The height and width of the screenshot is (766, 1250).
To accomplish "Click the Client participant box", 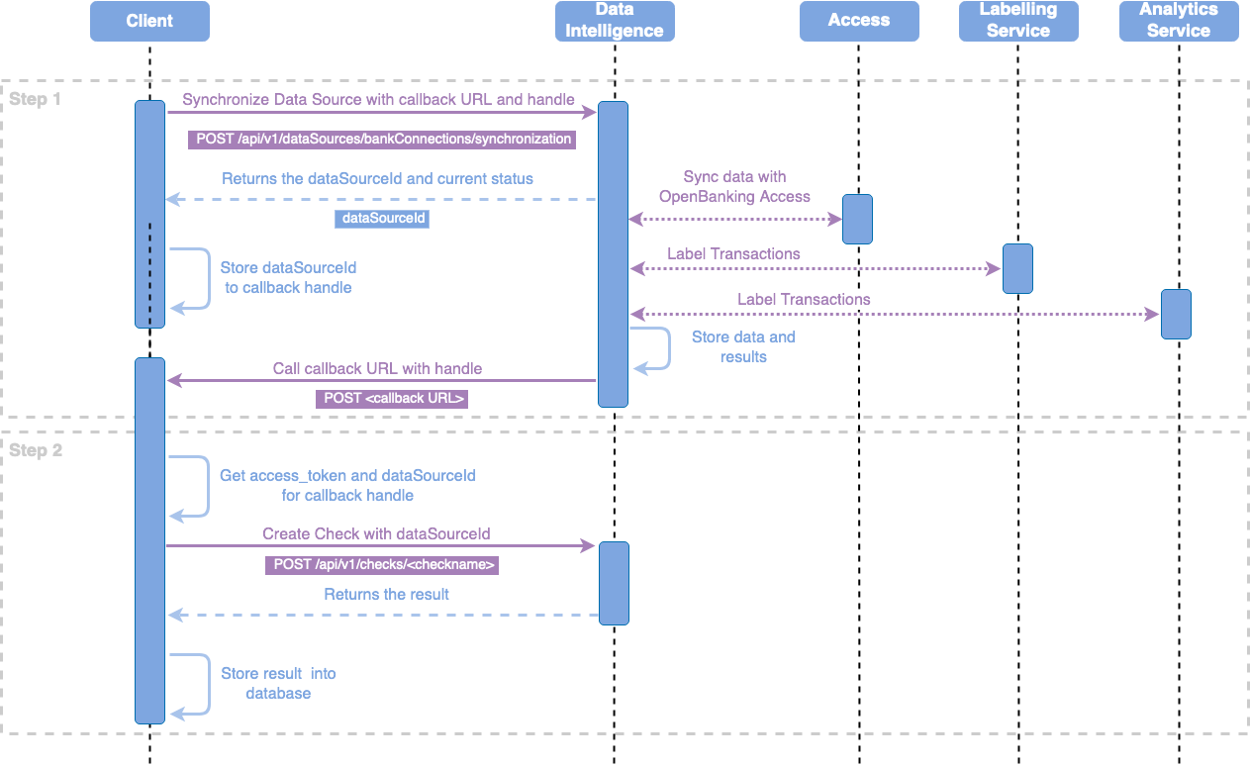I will click(149, 21).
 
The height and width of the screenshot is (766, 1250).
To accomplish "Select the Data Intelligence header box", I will click(615, 21).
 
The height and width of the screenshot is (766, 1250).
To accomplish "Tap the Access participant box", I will click(859, 21).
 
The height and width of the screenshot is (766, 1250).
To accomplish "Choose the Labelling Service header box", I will click(1017, 21).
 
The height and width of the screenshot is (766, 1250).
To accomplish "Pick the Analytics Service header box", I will click(1178, 21).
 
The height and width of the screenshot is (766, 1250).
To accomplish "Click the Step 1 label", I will click(36, 100).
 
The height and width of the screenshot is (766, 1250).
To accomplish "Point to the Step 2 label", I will click(36, 451).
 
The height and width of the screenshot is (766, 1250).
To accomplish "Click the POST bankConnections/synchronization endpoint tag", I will click(382, 140).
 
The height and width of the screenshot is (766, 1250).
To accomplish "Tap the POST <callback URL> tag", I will click(392, 399).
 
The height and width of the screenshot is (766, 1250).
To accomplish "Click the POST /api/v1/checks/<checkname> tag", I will click(381, 565).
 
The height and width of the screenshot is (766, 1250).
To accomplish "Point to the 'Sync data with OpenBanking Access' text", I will click(734, 186).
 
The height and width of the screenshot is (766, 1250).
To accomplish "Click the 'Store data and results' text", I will click(743, 346).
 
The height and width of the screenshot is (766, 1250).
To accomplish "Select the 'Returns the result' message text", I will click(386, 595).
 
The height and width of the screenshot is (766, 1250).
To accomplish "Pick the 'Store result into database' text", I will click(278, 683).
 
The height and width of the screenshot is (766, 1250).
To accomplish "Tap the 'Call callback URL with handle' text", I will click(377, 369).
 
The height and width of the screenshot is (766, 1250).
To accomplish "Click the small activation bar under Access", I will click(857, 219).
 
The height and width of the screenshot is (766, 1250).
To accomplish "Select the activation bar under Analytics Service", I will click(1176, 314).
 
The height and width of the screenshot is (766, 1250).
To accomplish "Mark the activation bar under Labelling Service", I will click(1017, 268).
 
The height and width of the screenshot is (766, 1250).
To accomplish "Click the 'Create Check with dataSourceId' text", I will click(376, 534).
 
